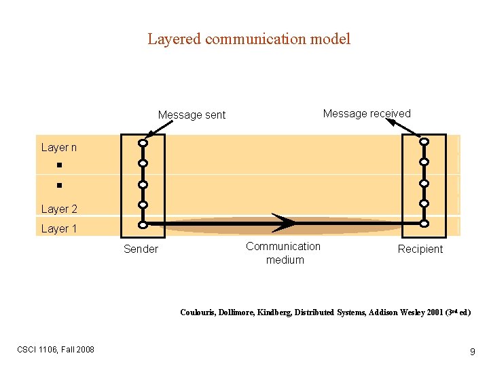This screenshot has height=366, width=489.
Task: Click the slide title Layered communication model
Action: click(x=249, y=39)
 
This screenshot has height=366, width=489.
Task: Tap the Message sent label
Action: click(x=192, y=115)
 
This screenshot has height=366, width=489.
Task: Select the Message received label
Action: click(x=367, y=114)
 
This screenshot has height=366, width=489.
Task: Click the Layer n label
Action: click(x=59, y=148)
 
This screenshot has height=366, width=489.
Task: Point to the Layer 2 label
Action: click(x=59, y=209)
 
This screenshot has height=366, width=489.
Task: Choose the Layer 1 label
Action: click(x=59, y=229)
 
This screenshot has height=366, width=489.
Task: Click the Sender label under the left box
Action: click(x=141, y=249)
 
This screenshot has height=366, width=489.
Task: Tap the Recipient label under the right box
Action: click(x=420, y=249)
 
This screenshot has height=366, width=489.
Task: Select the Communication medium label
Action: click(x=283, y=253)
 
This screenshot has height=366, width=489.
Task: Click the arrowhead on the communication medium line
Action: click(x=285, y=222)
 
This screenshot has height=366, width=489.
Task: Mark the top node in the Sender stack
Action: click(x=143, y=143)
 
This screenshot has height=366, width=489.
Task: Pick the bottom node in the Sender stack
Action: click(x=143, y=224)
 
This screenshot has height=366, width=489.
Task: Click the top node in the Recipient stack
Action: click(x=424, y=142)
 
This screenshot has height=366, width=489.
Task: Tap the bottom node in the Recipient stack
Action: click(x=424, y=224)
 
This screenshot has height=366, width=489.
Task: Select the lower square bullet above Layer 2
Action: click(x=59, y=184)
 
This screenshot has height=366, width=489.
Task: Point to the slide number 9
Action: click(x=472, y=352)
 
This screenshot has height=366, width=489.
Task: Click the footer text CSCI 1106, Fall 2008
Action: click(x=56, y=349)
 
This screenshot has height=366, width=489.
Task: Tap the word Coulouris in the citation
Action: click(x=197, y=312)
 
